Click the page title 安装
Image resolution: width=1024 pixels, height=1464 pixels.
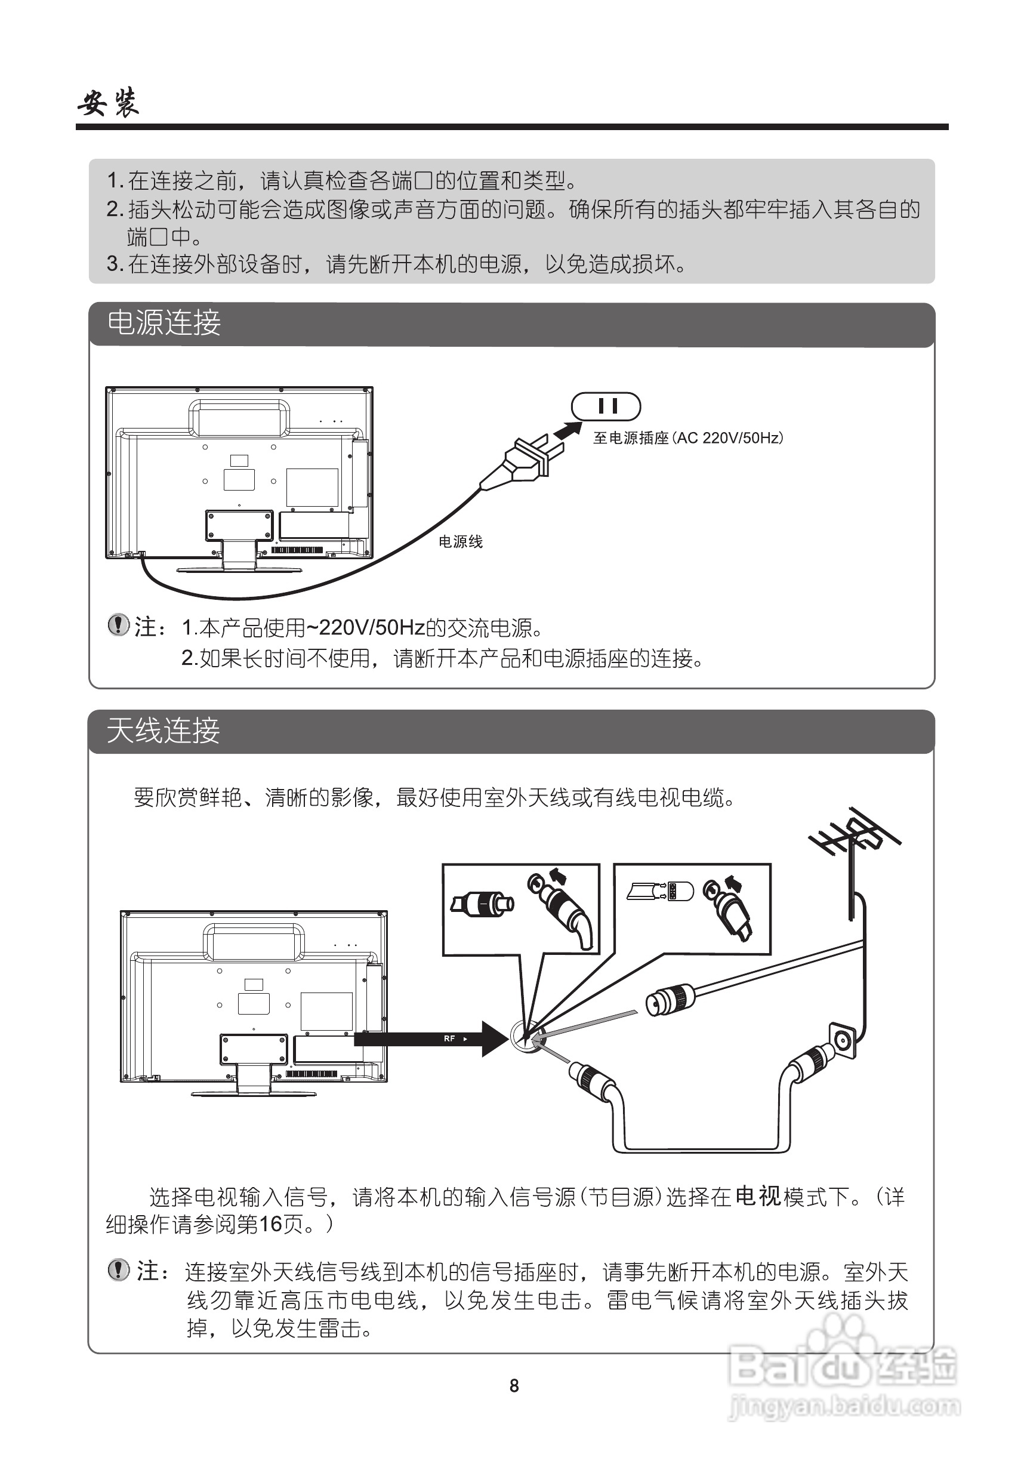point(109,103)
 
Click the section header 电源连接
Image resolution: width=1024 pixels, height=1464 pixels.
point(164,323)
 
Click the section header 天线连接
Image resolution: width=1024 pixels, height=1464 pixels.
point(164,730)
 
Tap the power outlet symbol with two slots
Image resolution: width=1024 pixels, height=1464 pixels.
point(606,407)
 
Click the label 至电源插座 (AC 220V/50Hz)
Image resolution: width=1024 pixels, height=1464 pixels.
point(687,438)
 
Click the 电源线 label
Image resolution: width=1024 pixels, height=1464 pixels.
point(460,542)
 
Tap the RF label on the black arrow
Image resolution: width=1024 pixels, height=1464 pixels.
point(449,1038)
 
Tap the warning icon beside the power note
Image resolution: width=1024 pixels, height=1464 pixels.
point(118,625)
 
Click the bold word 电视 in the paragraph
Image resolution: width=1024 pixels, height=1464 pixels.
point(757,1196)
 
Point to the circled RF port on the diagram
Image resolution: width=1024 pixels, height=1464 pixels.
point(528,1038)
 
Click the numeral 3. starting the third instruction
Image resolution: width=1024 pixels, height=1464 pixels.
point(115,263)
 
